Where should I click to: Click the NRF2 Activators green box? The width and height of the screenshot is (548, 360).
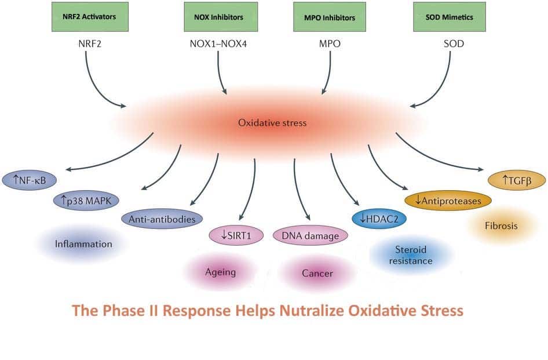click(90, 17)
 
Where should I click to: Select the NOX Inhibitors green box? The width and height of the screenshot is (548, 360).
click(221, 17)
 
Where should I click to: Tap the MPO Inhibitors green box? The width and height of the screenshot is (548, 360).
click(330, 17)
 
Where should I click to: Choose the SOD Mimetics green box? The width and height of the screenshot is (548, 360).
click(450, 17)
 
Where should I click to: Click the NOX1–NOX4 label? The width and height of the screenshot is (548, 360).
click(218, 43)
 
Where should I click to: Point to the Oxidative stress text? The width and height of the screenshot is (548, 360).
click(272, 123)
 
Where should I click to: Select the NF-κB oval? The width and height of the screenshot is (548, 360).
click(30, 180)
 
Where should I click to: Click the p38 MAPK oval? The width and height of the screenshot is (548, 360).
click(86, 201)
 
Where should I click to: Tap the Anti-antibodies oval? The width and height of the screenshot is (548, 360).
click(162, 219)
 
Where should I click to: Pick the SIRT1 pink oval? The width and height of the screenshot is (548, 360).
click(236, 235)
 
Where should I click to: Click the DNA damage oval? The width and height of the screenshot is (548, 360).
click(310, 235)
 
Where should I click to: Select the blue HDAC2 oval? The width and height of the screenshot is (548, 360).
click(379, 219)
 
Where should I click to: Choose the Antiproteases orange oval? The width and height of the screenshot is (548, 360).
click(448, 201)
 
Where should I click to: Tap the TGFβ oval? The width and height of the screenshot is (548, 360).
click(517, 180)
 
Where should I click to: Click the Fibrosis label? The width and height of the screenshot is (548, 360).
click(501, 226)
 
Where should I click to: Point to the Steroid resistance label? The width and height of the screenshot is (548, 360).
click(411, 255)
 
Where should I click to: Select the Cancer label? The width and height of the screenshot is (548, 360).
click(317, 273)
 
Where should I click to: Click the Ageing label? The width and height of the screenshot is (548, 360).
click(221, 272)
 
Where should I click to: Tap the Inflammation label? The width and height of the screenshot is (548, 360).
click(83, 244)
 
